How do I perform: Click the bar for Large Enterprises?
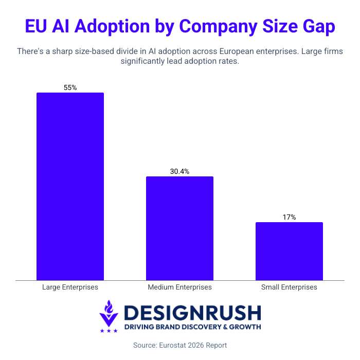click(70, 186)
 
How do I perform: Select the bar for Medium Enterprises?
click(179, 228)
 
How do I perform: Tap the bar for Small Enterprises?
click(289, 251)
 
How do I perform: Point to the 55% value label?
click(70, 88)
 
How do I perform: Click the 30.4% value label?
click(179, 172)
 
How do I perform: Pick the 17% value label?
click(289, 218)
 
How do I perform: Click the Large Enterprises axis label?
click(70, 287)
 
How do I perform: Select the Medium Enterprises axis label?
click(179, 287)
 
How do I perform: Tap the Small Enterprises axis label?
click(289, 287)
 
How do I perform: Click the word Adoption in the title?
click(118, 27)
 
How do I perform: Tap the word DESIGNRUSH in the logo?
click(192, 313)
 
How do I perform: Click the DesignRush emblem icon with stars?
click(109, 316)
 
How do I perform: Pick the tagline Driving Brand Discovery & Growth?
click(192, 327)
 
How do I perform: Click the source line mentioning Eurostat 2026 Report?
click(179, 345)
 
